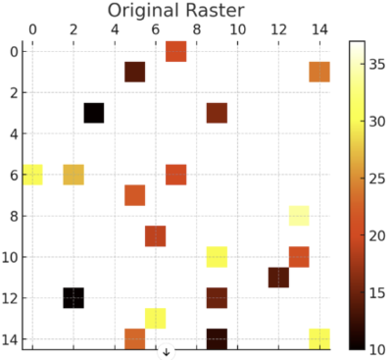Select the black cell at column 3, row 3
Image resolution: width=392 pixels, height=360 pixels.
(94, 113)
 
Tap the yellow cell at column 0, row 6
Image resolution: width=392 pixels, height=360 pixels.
(32, 175)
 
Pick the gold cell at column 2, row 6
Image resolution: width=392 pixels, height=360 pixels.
(73, 175)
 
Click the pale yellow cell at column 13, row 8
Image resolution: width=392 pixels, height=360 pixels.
(299, 216)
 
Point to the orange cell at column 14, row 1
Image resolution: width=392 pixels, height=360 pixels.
(319, 72)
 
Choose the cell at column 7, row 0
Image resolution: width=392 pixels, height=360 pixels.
(176, 51)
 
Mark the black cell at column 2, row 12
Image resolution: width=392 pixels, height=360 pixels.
(73, 297)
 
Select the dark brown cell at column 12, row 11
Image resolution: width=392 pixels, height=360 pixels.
(278, 277)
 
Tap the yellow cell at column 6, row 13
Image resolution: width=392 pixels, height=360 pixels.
(156, 318)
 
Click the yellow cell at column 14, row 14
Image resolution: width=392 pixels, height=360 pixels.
(319, 338)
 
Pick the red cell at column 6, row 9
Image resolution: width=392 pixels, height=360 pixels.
(156, 236)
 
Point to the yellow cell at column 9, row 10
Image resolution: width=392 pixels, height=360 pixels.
(217, 257)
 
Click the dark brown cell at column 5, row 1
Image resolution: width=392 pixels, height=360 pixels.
(135, 72)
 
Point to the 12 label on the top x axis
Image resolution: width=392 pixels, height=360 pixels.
(278, 29)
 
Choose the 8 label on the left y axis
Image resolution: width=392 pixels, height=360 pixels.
(13, 216)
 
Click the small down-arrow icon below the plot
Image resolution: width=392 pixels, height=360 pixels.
(166, 351)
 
